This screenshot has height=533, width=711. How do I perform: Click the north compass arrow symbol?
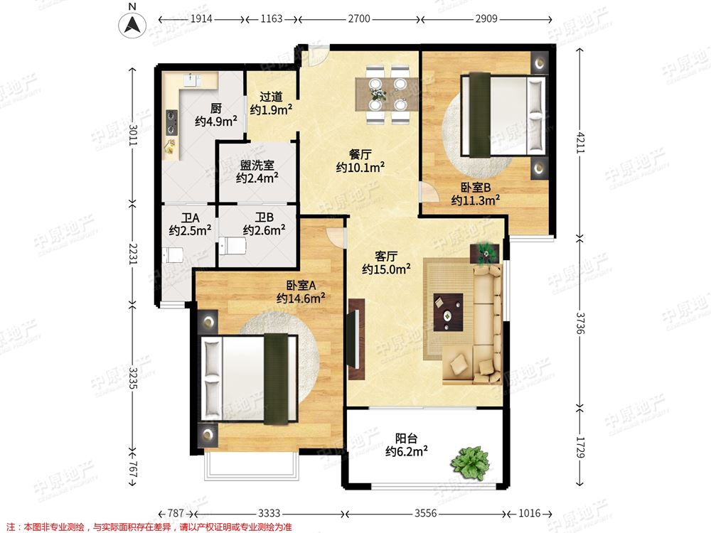point(132,24)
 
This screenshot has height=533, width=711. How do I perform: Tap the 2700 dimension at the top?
point(359,19)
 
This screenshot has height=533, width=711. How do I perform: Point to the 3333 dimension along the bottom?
point(269,513)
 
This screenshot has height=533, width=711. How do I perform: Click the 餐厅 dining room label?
point(360,154)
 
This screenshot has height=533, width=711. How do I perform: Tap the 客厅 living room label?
point(386,257)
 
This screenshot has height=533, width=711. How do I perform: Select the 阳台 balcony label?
point(406,438)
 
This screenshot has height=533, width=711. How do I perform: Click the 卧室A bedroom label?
point(301,285)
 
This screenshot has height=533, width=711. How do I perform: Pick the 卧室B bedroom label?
point(476,187)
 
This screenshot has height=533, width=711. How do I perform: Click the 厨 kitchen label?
point(216,109)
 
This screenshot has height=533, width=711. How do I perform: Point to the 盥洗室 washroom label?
point(257,165)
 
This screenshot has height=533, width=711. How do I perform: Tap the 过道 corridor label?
point(271,97)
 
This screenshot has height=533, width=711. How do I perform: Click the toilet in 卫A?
point(173,255)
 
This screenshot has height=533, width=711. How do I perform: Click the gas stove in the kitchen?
point(171,123)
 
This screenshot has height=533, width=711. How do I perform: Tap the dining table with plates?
point(387,95)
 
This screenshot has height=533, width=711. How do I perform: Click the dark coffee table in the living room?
point(448,312)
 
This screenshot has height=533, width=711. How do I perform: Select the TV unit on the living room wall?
point(356,339)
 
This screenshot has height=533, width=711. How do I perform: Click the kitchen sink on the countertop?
point(192,80)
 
